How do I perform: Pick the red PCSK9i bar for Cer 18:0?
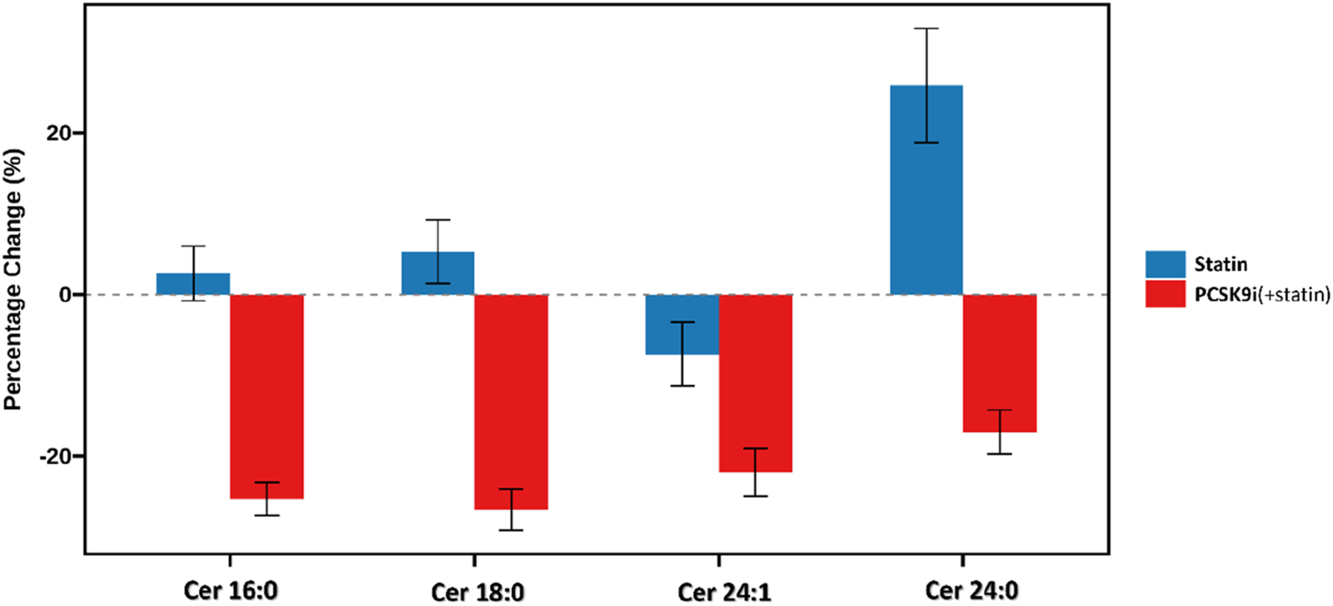click(511, 401)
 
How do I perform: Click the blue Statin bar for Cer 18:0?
click(437, 273)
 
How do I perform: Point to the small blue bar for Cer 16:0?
click(193, 284)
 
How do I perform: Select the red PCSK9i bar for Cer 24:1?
click(755, 383)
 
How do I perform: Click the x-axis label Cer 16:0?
click(230, 590)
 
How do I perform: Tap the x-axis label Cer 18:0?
click(477, 591)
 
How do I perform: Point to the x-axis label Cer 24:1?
click(723, 591)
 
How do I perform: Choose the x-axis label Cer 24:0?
click(971, 590)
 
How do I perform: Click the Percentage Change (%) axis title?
click(13, 279)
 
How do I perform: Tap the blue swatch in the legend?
click(1165, 264)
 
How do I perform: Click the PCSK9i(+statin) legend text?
click(1261, 293)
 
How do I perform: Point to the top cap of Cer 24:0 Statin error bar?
click(926, 28)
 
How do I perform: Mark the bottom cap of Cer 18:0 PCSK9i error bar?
click(511, 530)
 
